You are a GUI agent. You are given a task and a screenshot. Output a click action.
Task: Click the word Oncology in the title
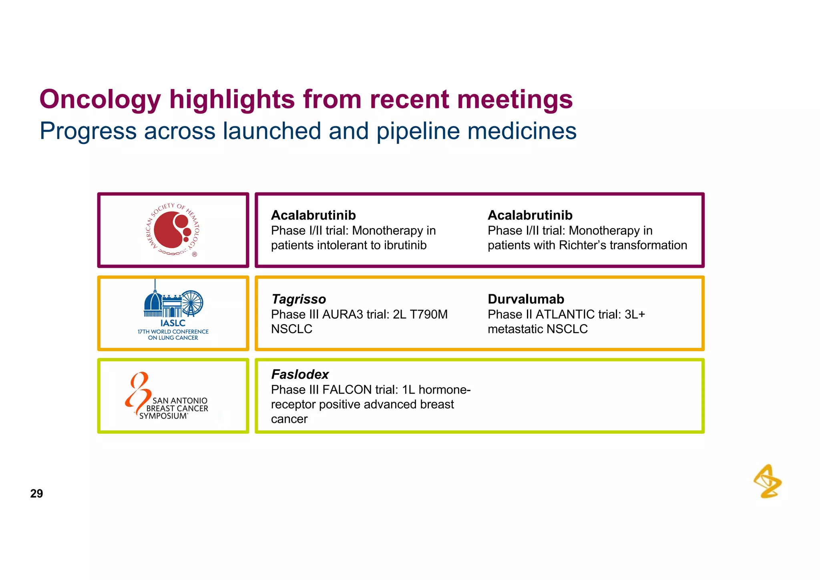pos(100,99)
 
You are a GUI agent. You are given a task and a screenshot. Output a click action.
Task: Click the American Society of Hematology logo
pos(173,230)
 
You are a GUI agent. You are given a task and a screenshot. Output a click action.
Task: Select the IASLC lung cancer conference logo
pos(173,313)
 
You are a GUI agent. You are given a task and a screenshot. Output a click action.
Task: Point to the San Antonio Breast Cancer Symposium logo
pos(168,396)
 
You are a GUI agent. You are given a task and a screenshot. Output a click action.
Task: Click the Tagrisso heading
pos(299,299)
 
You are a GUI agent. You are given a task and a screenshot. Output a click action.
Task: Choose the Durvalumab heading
pos(526,299)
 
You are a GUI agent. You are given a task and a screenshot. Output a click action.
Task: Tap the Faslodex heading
pos(300,374)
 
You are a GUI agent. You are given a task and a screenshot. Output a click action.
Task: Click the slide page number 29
pos(36,493)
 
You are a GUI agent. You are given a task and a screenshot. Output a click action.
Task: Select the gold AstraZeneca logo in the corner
pos(768,481)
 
